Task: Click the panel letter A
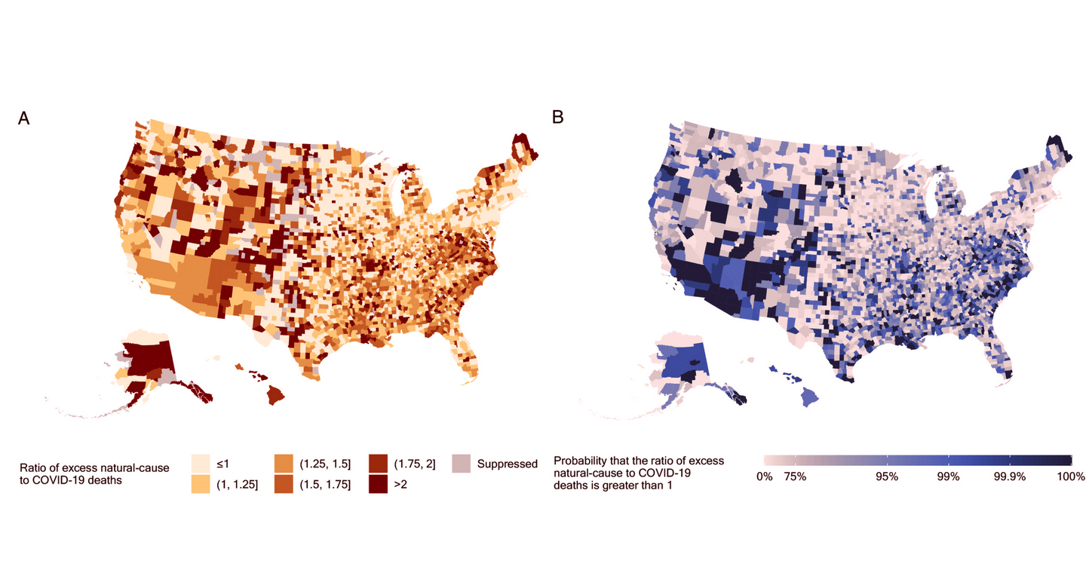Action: pyautogui.click(x=24, y=118)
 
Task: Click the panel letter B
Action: pyautogui.click(x=558, y=117)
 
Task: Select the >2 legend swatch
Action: pyautogui.click(x=379, y=484)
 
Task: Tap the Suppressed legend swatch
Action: pyautogui.click(x=461, y=463)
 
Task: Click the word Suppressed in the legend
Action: pyautogui.click(x=507, y=464)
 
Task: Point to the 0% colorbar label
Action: pyautogui.click(x=764, y=476)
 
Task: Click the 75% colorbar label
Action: pyautogui.click(x=795, y=476)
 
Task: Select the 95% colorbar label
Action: pyautogui.click(x=886, y=476)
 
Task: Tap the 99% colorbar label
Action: pyautogui.click(x=948, y=476)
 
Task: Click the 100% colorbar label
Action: pyautogui.click(x=1070, y=476)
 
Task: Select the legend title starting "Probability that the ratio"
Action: pyautogui.click(x=638, y=473)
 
